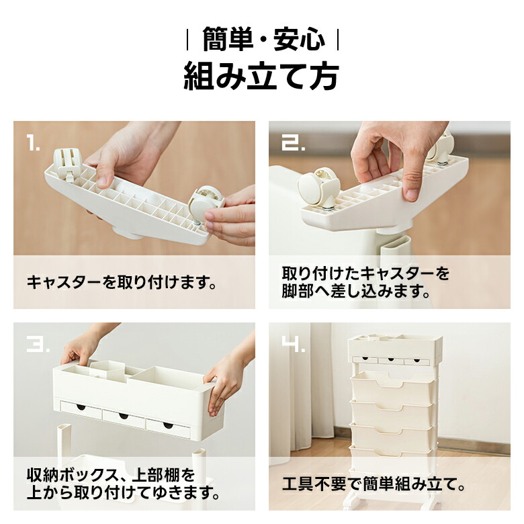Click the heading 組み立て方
point(262,77)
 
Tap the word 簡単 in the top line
point(227,40)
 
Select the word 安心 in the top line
point(299,40)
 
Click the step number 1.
point(33,143)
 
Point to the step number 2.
point(293,143)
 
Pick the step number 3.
point(38,343)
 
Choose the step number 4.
point(293,343)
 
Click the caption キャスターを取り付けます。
point(122,282)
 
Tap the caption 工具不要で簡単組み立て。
point(374,484)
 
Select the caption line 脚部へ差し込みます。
point(355,291)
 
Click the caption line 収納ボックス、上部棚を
point(111,475)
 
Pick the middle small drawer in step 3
point(124,417)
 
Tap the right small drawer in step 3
point(168,427)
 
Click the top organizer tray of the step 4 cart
point(395,349)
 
